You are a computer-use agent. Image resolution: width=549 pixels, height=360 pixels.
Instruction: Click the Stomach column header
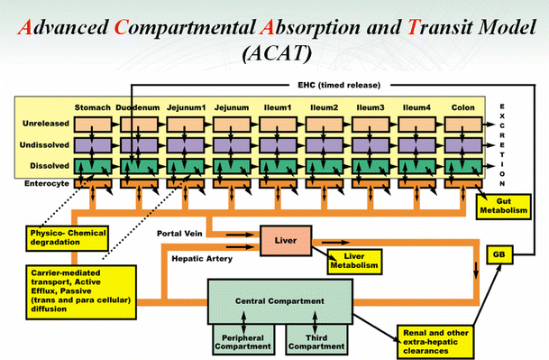point(93,108)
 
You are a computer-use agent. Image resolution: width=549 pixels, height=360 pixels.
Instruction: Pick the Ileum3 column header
point(372,108)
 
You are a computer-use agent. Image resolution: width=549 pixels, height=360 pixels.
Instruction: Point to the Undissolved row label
point(43,144)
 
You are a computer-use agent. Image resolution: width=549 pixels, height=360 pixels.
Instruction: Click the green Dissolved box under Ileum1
point(278,165)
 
